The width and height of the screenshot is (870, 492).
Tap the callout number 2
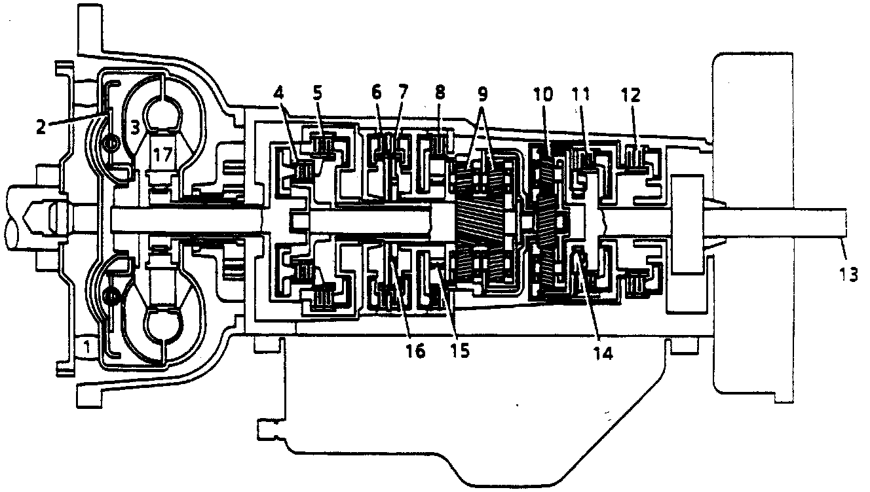(41, 126)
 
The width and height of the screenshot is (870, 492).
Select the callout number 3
(134, 126)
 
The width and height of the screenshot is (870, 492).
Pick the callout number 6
(377, 92)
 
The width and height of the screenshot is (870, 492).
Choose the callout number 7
(399, 92)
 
